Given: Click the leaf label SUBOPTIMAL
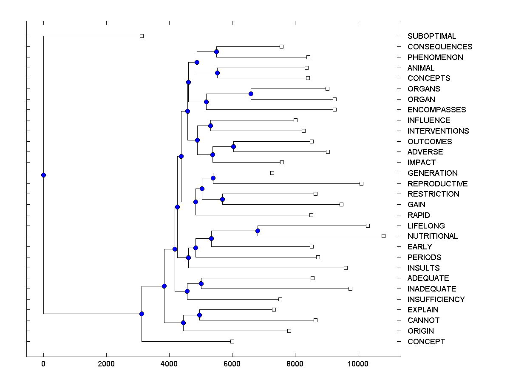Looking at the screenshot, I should pos(432,36).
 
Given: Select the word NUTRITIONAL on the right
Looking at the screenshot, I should pos(433,236).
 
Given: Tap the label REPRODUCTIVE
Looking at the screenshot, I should pos(437,184).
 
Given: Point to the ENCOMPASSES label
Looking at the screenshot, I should pos(436,110).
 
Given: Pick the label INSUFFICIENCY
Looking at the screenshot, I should pos(436,300).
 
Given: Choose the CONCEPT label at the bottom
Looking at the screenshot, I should pos(426,342).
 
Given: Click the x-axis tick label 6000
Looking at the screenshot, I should pos(232,363).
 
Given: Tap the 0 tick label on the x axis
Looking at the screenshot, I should pos(43,363).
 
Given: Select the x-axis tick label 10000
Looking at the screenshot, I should pos(358,363).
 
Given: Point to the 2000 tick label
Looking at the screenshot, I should pos(106,363).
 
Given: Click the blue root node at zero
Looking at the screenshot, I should pos(43,175).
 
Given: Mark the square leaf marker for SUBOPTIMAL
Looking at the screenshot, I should pos(142,36).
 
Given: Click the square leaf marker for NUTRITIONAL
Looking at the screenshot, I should pos(383,236).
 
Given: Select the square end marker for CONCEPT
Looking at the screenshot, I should pos(232,341).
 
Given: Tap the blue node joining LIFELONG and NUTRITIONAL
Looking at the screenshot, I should pos(258,231).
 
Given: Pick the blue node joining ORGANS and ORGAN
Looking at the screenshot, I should pos(251,94).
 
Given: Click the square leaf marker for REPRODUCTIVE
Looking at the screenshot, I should pos(361,183).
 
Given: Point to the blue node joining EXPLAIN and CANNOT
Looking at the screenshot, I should pos(199,315).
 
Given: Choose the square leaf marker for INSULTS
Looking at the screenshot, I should pos(346,268).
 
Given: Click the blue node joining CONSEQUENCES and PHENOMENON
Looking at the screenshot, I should pos(216,51).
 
